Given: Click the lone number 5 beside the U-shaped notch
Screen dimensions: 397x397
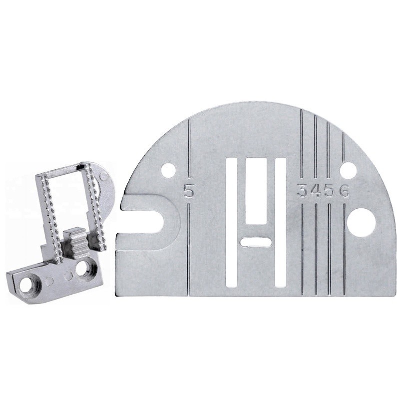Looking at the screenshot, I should [188, 190].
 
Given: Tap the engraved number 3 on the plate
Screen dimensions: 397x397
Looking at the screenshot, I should [302, 190].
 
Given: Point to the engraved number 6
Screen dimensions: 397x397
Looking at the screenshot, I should [345, 190].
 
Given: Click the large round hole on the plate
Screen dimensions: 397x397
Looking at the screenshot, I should [360, 221].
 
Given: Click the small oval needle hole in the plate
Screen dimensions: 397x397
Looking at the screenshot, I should [255, 242].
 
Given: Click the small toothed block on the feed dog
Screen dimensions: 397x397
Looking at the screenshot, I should [75, 238].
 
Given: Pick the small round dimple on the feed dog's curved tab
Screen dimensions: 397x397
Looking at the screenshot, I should [103, 177].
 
